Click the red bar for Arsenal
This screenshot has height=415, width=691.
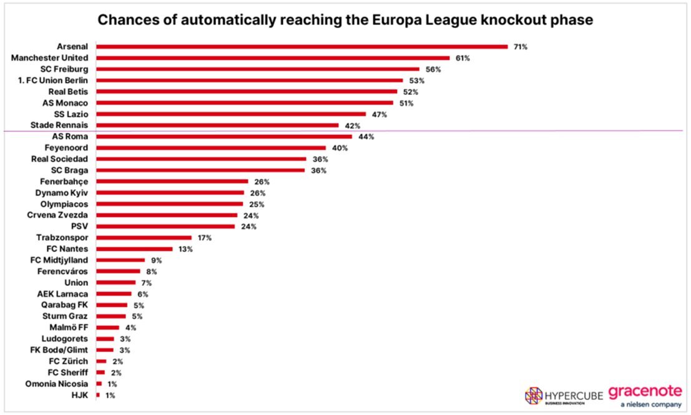301,46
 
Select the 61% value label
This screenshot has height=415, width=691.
462,58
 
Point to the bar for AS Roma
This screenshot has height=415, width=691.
224,136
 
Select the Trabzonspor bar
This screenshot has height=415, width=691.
144,238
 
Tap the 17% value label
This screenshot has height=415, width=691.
205,238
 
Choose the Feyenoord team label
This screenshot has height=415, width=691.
66,148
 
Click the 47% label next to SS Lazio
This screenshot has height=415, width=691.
380,114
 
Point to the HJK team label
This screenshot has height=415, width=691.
80,395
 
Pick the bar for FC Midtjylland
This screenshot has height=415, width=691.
120,260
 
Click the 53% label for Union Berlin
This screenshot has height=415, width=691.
417,81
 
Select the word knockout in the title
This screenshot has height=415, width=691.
512,21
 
